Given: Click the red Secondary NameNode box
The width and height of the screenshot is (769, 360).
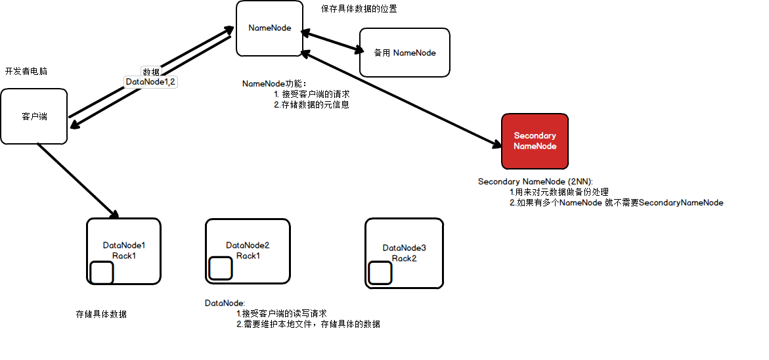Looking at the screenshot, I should [535, 141].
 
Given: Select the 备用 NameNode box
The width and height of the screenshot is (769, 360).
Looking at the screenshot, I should [405, 53].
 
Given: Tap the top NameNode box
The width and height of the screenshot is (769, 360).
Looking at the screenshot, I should [269, 28].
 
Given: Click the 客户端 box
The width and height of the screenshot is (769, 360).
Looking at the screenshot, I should [34, 116].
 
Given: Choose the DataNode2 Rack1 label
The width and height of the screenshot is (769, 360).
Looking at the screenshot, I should [248, 250].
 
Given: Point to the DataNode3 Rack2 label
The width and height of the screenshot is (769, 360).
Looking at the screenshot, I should [405, 253].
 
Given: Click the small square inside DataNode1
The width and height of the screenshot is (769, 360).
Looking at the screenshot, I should [102, 273].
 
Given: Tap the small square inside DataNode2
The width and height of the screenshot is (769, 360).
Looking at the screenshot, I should [220, 267].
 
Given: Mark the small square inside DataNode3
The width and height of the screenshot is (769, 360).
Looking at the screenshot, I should [380, 273].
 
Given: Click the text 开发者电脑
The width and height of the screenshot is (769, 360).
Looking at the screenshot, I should [26, 71].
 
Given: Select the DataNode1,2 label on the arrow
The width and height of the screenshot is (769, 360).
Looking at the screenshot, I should [151, 82].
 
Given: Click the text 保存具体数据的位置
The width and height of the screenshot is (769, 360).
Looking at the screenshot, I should [359, 9].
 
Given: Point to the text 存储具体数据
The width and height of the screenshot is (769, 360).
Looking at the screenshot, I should [101, 314].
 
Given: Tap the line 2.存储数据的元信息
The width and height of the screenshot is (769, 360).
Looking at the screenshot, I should [311, 104].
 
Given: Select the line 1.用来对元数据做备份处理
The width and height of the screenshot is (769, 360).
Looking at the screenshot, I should [560, 192].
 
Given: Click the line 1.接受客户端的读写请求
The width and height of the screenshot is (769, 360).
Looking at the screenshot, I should [281, 313].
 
